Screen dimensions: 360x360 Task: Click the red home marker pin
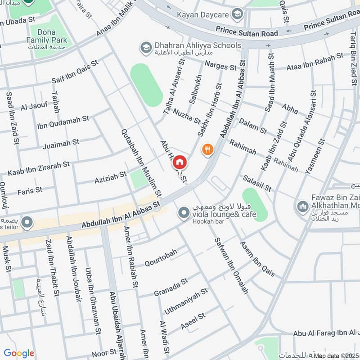(x=180, y=162)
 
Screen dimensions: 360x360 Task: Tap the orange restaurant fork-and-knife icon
(x=207, y=150)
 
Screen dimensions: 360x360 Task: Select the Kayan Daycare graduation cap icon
(x=237, y=15)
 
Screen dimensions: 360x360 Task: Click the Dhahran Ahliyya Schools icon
(x=145, y=47)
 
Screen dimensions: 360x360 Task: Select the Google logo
(x=19, y=353)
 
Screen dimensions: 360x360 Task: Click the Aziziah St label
(x=110, y=176)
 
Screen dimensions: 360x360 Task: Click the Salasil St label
(x=257, y=184)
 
